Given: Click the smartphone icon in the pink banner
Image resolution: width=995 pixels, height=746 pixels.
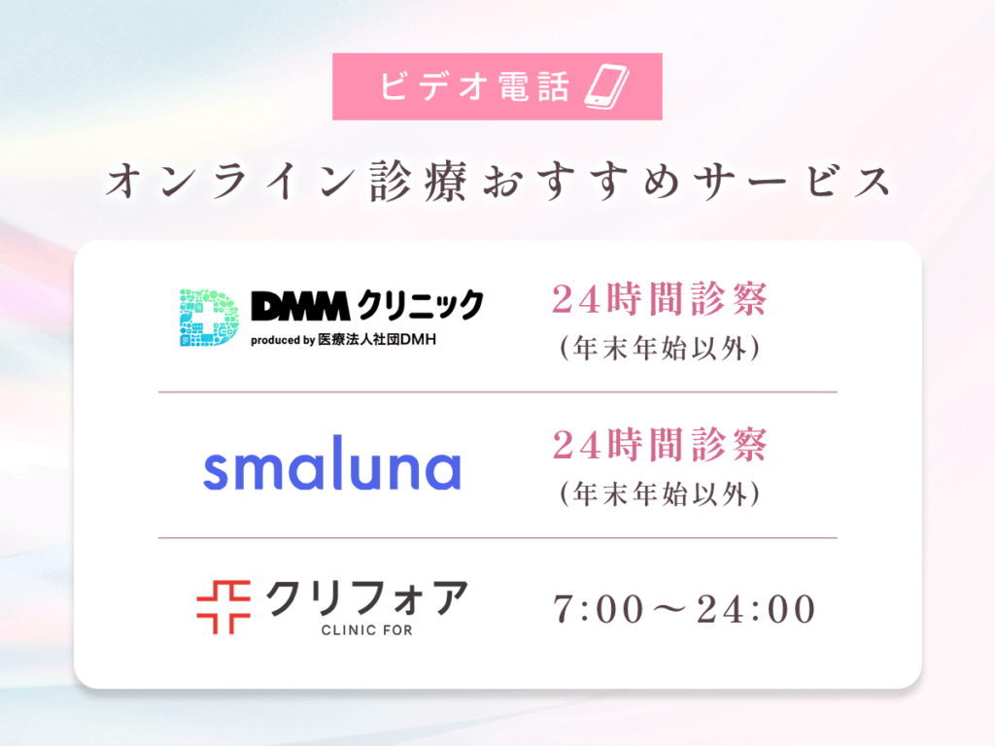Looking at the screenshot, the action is click(606, 86).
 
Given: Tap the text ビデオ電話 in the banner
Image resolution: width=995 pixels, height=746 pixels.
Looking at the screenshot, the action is click(474, 86).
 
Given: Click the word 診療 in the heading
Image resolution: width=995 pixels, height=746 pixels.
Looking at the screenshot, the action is click(419, 181).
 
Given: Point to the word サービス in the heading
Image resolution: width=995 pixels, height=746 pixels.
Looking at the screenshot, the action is click(793, 182).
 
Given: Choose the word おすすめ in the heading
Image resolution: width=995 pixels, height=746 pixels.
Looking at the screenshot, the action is click(581, 182).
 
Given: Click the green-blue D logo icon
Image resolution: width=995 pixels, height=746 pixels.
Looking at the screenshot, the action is click(210, 318).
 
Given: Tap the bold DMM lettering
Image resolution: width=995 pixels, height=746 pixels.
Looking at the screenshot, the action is click(301, 306).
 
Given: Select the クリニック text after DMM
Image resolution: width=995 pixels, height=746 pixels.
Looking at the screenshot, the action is click(420, 305).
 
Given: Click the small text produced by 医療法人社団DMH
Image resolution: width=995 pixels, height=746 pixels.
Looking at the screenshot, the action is click(343, 340).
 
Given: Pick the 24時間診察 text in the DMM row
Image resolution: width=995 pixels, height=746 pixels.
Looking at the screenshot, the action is click(660, 299).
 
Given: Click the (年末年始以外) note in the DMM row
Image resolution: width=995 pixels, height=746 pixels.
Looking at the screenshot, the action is click(660, 349).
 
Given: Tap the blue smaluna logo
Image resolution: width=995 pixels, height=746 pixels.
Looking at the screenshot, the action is click(332, 463).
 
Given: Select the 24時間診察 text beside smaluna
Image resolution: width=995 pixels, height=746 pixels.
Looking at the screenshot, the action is click(660, 445).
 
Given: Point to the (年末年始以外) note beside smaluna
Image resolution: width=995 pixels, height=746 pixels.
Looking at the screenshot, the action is click(660, 494).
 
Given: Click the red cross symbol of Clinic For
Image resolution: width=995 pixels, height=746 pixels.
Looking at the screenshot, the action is click(223, 607).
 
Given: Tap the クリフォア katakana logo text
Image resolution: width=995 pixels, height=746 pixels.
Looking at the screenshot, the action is click(367, 598).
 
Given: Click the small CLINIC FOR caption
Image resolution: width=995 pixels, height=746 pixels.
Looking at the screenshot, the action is click(366, 630).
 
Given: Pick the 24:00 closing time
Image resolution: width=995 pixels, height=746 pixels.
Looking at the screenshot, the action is click(756, 610).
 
